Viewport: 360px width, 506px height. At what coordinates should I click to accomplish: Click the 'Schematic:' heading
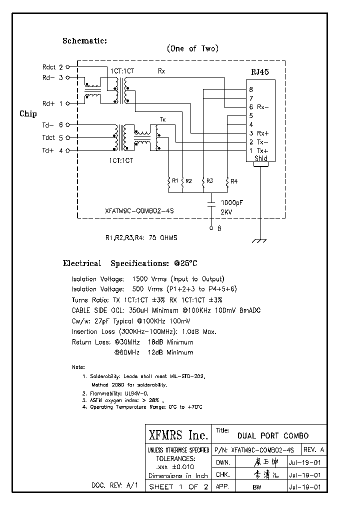point(84,41)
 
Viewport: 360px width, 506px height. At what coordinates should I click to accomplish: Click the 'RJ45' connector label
point(260,72)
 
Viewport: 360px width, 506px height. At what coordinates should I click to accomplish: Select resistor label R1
point(175,180)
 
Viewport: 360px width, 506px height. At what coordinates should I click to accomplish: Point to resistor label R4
point(234,180)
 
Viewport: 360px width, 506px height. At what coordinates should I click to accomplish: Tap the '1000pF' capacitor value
point(232,203)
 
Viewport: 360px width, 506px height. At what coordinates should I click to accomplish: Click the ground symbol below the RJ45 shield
point(258,241)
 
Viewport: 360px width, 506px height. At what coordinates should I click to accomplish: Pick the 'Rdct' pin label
point(49,66)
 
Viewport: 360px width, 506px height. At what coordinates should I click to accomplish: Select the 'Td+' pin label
point(47,150)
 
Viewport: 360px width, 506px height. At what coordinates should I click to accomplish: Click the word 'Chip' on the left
point(28,114)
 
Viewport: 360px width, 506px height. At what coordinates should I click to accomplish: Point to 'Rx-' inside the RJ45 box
point(263,107)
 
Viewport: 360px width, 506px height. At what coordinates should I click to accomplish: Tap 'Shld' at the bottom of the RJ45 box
point(261,158)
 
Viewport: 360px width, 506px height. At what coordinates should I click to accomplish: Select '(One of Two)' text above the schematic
point(192,48)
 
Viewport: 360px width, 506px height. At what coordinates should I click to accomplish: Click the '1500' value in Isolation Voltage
point(140,279)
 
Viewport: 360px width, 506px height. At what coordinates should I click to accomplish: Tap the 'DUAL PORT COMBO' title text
point(273,435)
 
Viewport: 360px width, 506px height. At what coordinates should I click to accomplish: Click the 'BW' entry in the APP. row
point(257,486)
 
